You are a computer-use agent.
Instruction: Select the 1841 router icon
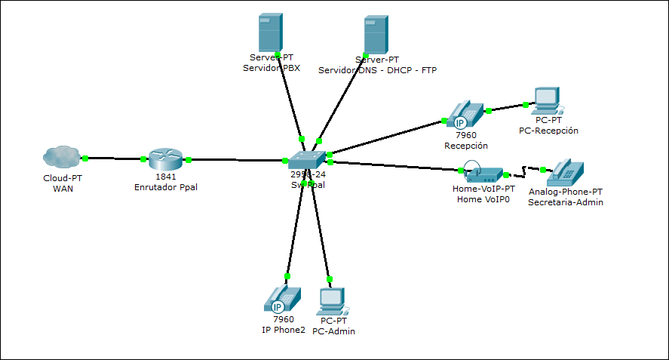(165, 158)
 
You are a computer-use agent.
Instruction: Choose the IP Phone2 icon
(278, 299)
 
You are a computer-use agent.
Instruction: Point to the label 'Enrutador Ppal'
(165, 186)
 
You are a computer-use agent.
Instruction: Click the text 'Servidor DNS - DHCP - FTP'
(377, 70)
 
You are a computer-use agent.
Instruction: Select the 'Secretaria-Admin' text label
(565, 202)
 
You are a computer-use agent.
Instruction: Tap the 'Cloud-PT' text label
(62, 177)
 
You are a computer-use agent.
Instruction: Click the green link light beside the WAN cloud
(86, 158)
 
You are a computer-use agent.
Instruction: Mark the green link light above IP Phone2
(287, 276)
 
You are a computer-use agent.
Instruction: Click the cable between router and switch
(234, 160)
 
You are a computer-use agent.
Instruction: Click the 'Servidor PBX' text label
(271, 68)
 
